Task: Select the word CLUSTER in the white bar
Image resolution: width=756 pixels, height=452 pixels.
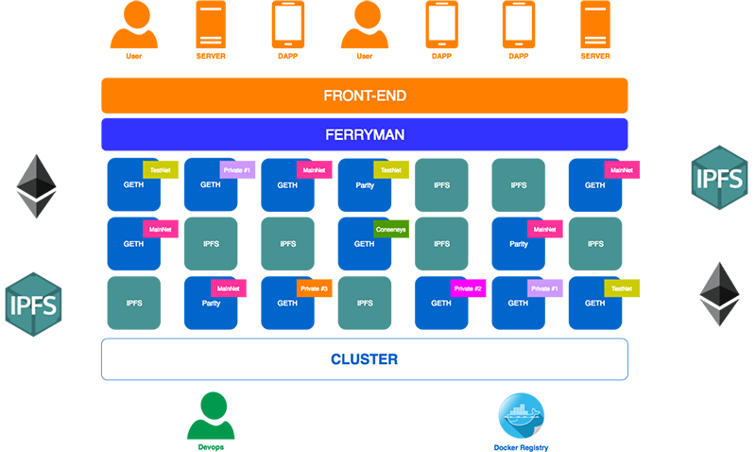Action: (364, 359)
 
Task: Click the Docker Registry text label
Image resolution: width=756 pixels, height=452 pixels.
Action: (521, 446)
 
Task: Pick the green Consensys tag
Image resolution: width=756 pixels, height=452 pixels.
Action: (390, 228)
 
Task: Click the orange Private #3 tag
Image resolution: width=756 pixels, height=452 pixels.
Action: (314, 287)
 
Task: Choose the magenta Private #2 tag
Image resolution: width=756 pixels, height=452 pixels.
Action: (468, 287)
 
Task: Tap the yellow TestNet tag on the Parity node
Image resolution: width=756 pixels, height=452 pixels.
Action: (389, 169)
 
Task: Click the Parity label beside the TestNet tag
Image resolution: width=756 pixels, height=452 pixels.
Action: (364, 185)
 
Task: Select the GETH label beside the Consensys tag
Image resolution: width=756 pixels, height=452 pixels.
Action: (364, 244)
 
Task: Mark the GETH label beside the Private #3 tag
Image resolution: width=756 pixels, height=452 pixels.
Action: (287, 304)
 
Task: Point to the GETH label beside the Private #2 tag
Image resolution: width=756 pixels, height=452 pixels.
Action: (440, 304)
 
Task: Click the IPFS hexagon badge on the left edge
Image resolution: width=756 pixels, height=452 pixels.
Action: (34, 304)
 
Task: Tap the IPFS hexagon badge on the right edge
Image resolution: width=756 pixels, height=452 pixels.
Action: (720, 178)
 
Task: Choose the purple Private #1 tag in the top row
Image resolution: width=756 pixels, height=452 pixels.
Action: (236, 169)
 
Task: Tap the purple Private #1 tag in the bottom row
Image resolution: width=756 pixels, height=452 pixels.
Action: (544, 287)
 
